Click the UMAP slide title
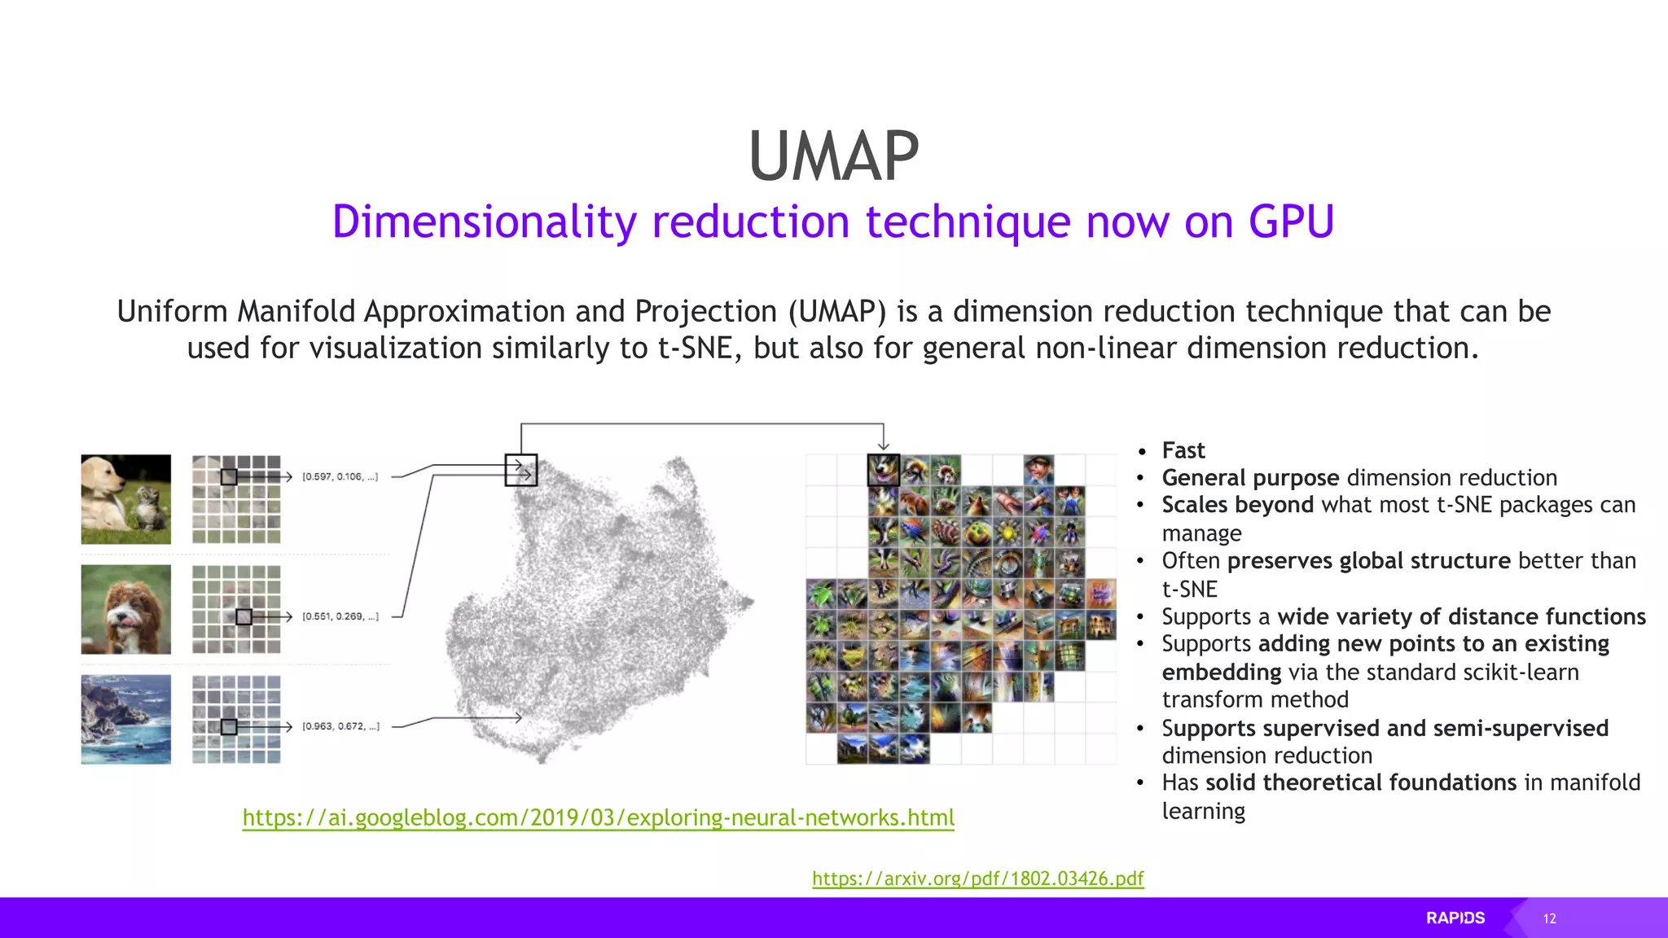833,156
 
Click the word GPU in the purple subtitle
1291,221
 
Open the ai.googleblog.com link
598,817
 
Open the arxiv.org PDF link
977,879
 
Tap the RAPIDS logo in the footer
1455,918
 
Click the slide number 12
1549,918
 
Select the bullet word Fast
1183,450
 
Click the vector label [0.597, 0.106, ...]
340,476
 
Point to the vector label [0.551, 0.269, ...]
340,616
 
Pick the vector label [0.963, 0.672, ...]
340,726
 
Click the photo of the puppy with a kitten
126,499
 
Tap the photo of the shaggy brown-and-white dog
126,609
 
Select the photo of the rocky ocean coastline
126,719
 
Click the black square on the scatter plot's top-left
521,470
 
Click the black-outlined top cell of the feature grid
883,470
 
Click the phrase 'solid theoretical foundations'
1360,782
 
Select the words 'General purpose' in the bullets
1250,478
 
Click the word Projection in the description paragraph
705,312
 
